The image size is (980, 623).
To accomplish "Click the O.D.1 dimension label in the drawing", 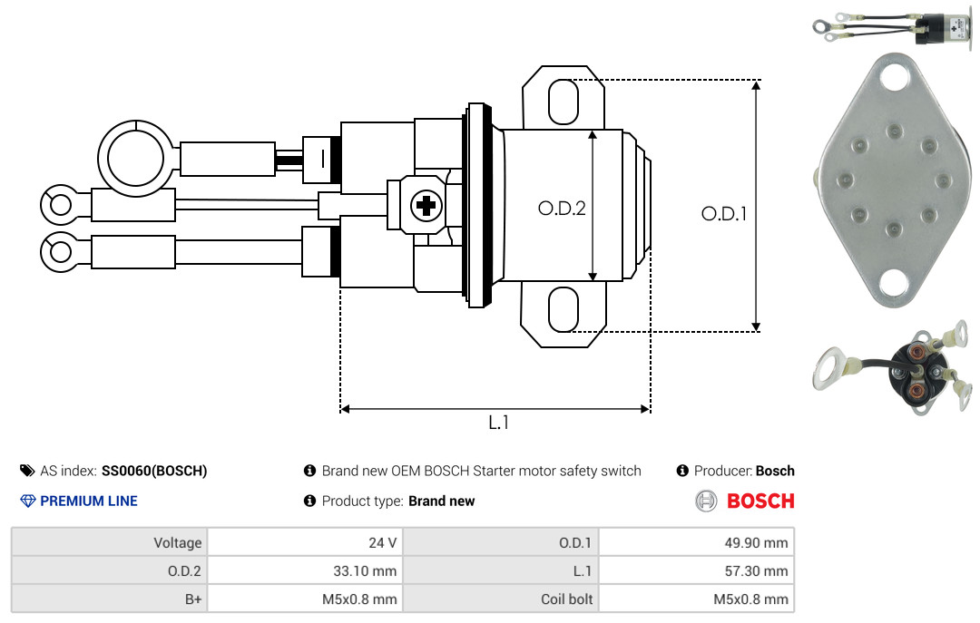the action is point(724,214).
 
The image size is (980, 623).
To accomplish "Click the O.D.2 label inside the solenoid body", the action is point(562,208).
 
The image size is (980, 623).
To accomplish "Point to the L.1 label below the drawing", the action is point(498,423).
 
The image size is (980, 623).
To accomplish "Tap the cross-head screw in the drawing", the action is point(426,206).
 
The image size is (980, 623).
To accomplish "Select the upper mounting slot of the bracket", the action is point(563,102).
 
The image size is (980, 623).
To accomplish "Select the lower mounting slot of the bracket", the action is point(563,309).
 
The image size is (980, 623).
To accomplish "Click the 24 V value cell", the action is point(305,542).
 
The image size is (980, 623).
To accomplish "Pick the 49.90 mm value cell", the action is point(696,542).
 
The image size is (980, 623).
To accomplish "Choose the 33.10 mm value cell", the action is point(305,570).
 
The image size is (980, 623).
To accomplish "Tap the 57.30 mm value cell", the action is point(696,570).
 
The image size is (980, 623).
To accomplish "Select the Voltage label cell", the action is point(110,542).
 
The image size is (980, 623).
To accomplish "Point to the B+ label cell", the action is point(110,599).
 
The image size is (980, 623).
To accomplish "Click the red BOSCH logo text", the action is point(760,501).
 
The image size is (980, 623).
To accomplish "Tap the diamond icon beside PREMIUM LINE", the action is point(28,501).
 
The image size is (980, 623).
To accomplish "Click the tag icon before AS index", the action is point(27,471).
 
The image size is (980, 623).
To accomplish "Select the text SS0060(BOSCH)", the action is point(154,471).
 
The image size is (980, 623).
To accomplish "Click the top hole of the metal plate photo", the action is point(895,77).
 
